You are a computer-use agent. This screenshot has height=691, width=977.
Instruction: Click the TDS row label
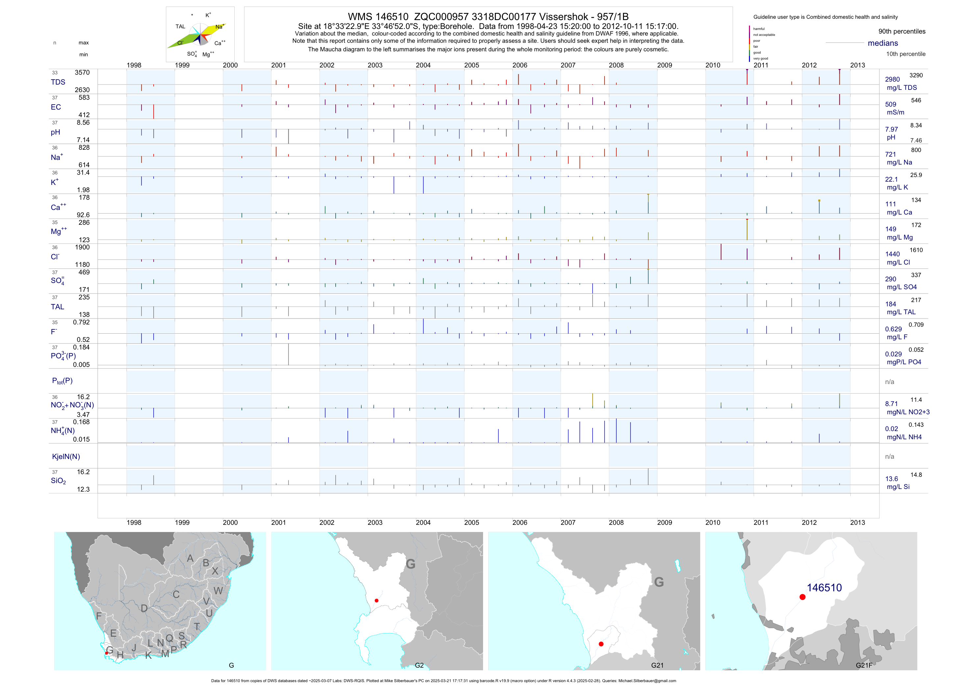[58, 82]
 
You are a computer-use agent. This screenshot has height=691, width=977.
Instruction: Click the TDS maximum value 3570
[82, 73]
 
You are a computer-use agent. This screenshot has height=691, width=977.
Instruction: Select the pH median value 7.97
[891, 129]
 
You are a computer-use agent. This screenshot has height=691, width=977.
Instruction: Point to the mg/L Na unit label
[899, 163]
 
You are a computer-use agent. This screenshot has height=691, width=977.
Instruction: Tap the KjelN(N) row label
[66, 457]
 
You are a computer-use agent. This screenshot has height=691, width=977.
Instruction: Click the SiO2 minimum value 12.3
[83, 489]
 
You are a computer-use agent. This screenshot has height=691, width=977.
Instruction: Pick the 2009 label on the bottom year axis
[664, 523]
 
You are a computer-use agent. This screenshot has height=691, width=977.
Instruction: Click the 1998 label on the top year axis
[134, 65]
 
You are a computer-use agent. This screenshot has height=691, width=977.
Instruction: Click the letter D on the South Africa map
[144, 608]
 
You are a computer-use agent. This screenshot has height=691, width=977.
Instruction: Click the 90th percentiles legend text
[902, 32]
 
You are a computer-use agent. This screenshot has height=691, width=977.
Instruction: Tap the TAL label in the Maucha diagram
[180, 26]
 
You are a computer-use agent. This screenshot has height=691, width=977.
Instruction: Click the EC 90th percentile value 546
[916, 100]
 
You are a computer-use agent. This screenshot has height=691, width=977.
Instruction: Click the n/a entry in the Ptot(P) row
[889, 382]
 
